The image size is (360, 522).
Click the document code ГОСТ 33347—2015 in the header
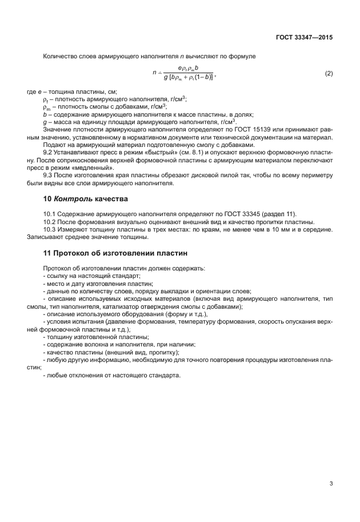(303, 37)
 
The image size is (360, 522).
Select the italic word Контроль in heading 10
(73, 199)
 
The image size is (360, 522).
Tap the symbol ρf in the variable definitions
(46, 99)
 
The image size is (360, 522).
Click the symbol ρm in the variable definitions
(46, 106)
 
